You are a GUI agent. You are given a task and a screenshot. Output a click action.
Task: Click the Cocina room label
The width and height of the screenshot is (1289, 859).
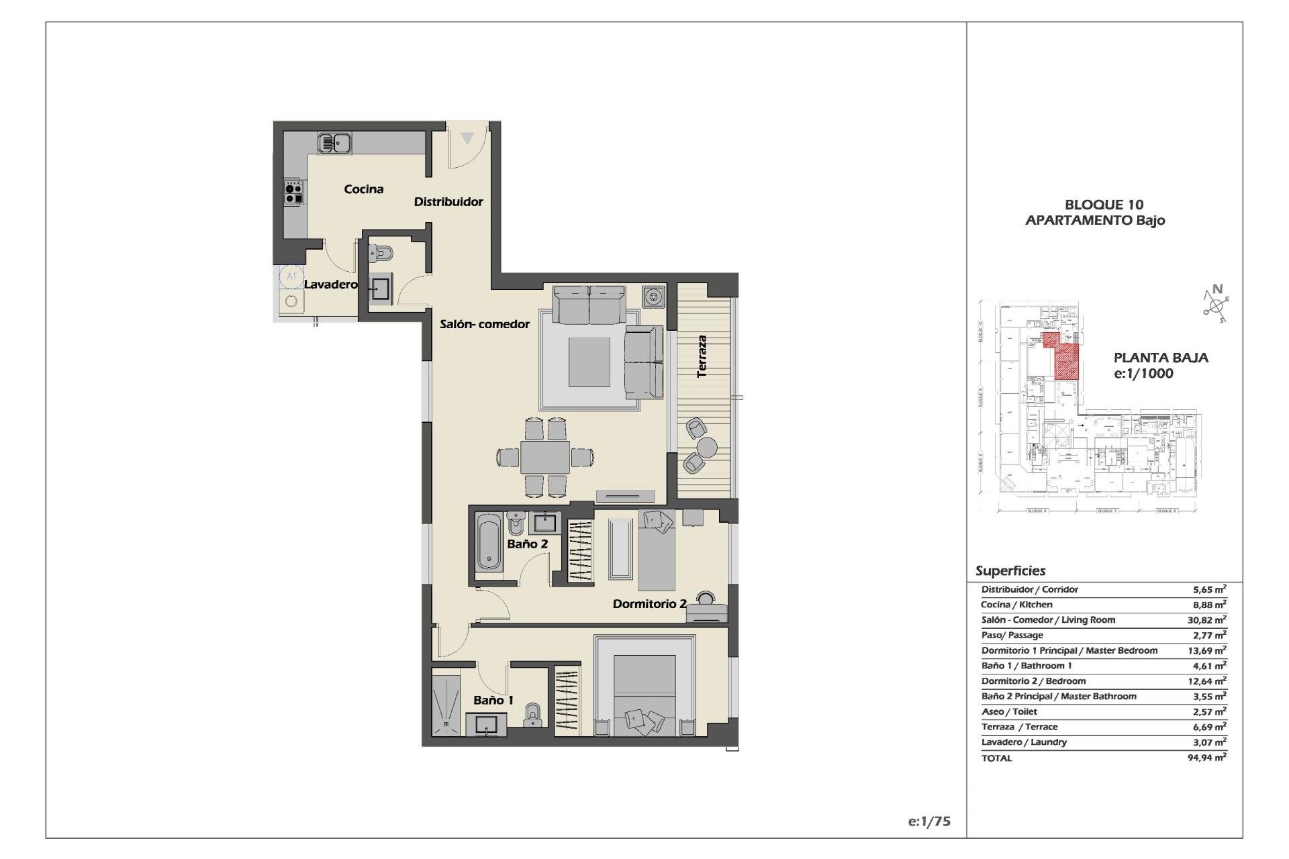click(363, 189)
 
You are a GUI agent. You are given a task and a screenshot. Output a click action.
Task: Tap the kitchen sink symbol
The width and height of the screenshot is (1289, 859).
click(334, 143)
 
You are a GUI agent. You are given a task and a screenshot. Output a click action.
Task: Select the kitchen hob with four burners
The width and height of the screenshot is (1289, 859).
click(293, 191)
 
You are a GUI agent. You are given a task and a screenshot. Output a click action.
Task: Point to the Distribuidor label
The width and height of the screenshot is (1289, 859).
click(448, 201)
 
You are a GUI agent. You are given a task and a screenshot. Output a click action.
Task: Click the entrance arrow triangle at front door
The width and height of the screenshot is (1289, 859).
click(467, 138)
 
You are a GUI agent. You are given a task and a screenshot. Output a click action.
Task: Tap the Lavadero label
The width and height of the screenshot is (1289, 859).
click(330, 285)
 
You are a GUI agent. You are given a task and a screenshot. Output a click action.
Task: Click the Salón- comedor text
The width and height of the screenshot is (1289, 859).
click(484, 324)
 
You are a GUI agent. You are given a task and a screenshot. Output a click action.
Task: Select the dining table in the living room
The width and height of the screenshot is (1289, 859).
click(545, 457)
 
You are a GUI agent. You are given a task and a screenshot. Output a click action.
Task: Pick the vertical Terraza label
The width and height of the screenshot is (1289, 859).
click(702, 356)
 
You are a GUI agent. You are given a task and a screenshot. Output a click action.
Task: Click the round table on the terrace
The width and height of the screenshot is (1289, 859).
click(707, 446)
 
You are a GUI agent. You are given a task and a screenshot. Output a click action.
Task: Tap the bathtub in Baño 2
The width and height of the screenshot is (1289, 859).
click(489, 542)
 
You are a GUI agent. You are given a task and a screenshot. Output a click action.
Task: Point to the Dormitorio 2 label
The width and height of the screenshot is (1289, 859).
click(649, 604)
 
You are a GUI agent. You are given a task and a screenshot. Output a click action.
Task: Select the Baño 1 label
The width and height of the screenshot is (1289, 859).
click(493, 701)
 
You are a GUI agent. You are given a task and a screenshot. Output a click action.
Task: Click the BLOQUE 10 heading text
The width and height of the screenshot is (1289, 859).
click(1104, 205)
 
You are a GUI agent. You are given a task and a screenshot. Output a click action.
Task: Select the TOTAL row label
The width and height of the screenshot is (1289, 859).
click(996, 758)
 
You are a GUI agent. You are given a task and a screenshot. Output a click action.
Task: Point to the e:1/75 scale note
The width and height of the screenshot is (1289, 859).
click(928, 821)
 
